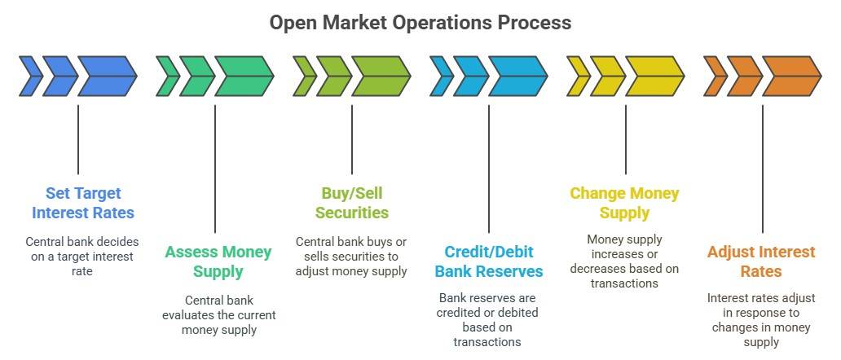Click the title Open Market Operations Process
(x=420, y=22)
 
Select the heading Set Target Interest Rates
(x=83, y=203)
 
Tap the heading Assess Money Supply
(x=218, y=261)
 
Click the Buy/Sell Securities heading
(x=352, y=203)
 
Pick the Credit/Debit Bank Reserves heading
(x=488, y=261)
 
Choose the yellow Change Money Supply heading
(x=624, y=203)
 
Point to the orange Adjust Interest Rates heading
(x=761, y=261)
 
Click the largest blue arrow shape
(x=108, y=76)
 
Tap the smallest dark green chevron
(x=167, y=76)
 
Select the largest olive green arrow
(x=381, y=76)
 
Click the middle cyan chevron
(x=470, y=76)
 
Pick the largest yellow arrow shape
(x=655, y=76)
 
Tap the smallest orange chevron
(x=715, y=76)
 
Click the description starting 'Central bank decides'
(x=82, y=257)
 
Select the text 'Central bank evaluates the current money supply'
(x=218, y=315)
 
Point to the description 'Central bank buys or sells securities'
(x=352, y=257)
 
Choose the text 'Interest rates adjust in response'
(x=761, y=320)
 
